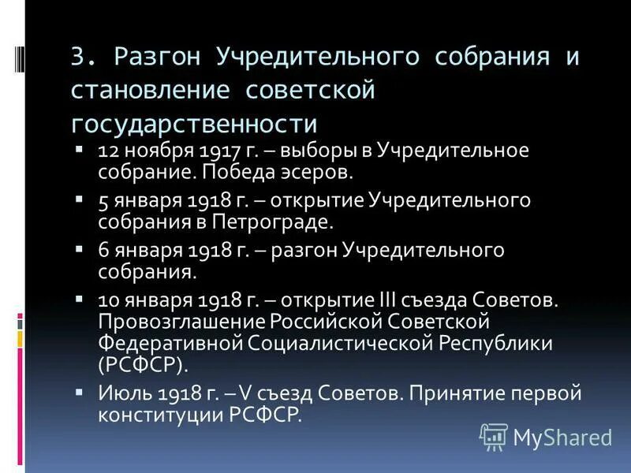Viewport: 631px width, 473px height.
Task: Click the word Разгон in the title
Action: pos(154,59)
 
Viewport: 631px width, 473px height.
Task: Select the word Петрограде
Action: pos(280,222)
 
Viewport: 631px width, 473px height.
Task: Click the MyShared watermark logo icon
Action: pos(493,436)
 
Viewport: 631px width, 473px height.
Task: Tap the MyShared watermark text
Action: pos(562,437)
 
